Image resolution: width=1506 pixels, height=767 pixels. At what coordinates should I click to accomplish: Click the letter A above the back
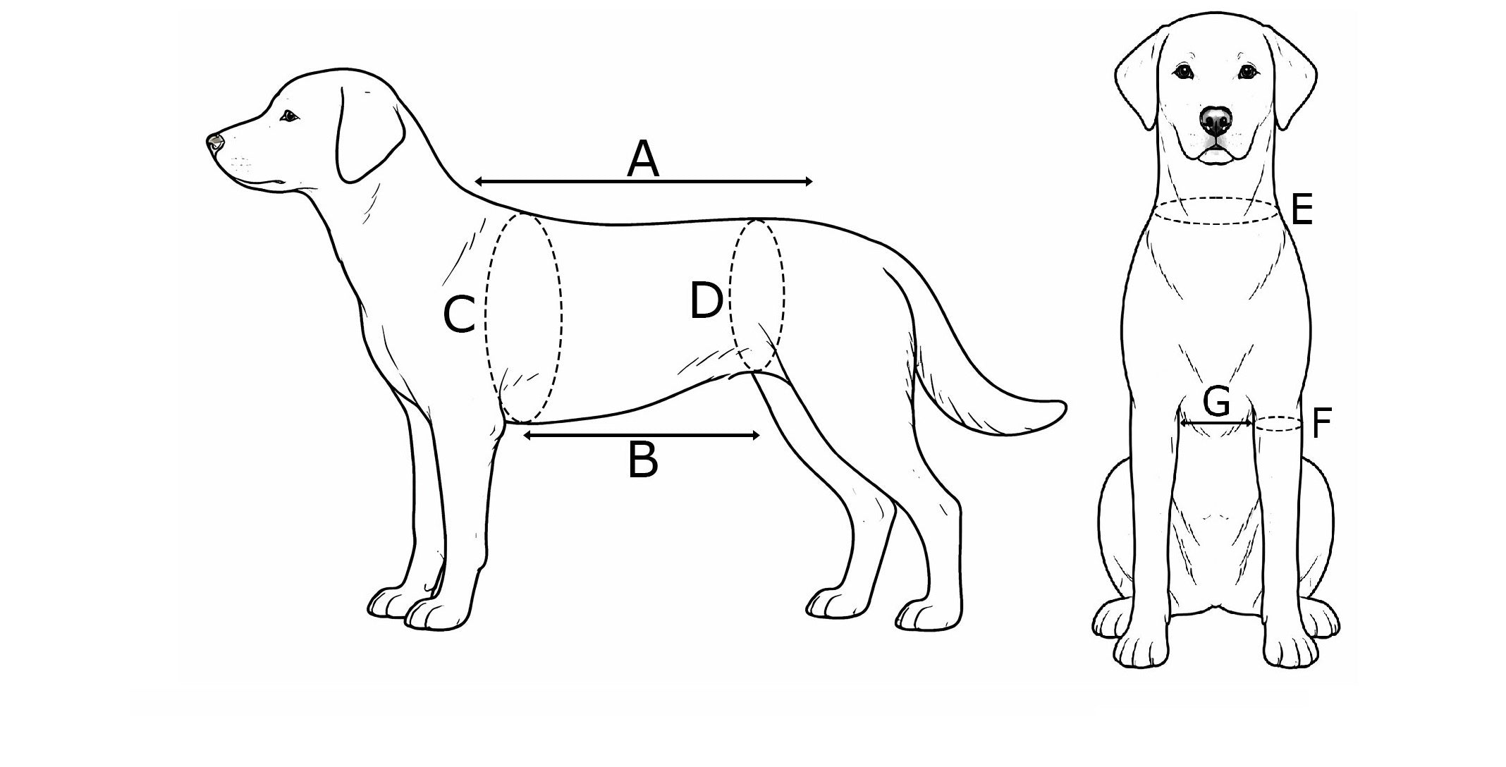click(x=643, y=159)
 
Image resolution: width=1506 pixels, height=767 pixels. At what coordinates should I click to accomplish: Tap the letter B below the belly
click(x=643, y=461)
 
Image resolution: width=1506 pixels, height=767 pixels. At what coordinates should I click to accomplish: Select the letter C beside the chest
click(x=459, y=314)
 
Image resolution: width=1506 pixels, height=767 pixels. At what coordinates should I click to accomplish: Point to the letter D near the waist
click(x=706, y=301)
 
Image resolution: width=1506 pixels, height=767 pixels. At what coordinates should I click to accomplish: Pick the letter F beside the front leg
click(x=1321, y=423)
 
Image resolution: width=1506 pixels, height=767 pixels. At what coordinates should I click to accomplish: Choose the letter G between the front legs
click(x=1216, y=403)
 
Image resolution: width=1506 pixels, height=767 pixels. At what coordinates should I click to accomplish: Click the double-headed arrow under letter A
click(x=643, y=182)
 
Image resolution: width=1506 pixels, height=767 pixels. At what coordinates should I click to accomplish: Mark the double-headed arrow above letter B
click(x=642, y=436)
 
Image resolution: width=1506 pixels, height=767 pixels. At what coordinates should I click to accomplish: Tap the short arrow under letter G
click(x=1216, y=424)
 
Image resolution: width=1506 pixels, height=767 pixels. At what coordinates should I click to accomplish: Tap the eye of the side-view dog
click(x=288, y=116)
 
